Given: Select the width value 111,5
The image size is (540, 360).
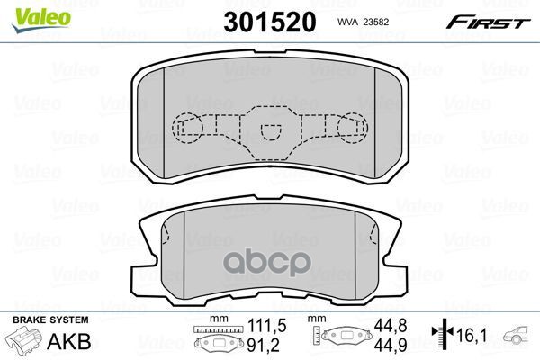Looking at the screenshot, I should coord(261,326).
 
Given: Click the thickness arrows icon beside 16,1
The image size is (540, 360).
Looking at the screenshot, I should coord(444,334).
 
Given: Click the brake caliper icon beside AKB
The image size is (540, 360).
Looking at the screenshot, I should coord(27,343).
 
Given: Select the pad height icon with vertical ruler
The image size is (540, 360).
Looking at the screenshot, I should coord(341,337).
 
